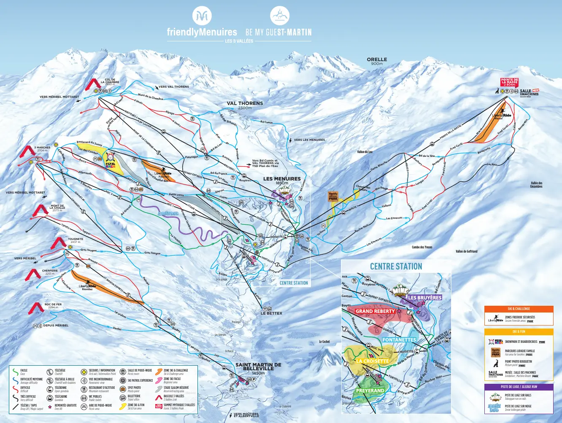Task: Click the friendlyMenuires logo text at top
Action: (202, 32)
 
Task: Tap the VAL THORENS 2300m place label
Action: (245, 105)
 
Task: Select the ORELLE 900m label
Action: (377, 61)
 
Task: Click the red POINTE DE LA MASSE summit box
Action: (509, 82)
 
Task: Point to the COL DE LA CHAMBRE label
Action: (110, 81)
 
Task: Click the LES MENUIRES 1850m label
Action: (282, 180)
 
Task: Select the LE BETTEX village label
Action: (271, 313)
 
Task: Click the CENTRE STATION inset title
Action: (396, 267)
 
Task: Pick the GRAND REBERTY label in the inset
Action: (375, 311)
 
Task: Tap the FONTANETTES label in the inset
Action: (399, 340)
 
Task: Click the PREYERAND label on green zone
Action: (370, 391)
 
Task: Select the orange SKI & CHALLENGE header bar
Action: (519, 309)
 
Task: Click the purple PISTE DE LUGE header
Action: (519, 387)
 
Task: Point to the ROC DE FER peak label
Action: (53, 305)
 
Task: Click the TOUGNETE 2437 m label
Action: (76, 240)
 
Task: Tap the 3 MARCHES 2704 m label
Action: (42, 149)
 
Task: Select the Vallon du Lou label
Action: (365, 152)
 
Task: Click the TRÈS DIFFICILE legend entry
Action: (28, 398)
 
